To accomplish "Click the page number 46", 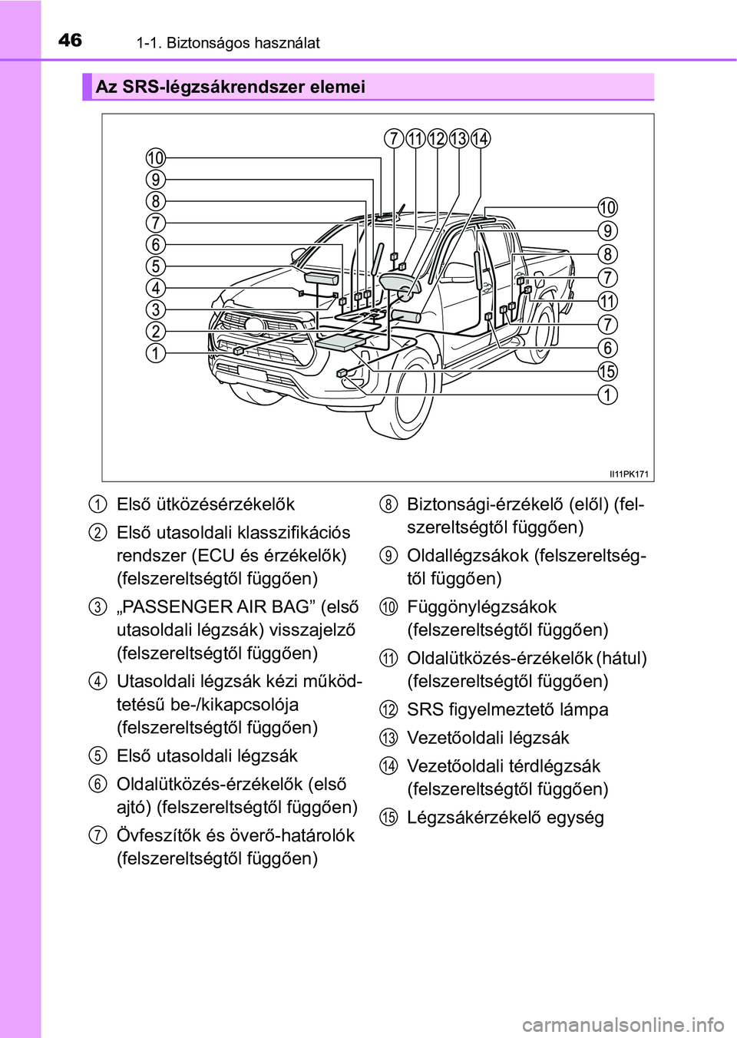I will click(x=70, y=40).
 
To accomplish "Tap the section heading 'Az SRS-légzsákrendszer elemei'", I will click(x=230, y=87).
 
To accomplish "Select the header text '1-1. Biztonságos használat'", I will click(x=228, y=43).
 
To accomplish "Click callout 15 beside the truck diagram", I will click(x=607, y=372).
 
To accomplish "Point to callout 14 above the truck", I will click(x=481, y=139).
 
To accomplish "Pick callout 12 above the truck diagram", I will click(x=437, y=139).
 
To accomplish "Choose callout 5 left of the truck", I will click(x=156, y=266).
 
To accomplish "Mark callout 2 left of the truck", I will click(x=156, y=332).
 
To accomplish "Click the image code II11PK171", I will click(x=629, y=474).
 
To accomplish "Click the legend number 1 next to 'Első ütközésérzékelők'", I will click(x=97, y=504).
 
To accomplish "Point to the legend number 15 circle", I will click(x=389, y=817).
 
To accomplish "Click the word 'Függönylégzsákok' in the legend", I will click(x=481, y=607).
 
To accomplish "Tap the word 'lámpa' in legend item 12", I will click(x=583, y=709).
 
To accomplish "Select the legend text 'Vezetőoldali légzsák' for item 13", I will click(x=487, y=738).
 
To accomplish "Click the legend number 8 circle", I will click(x=389, y=504).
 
